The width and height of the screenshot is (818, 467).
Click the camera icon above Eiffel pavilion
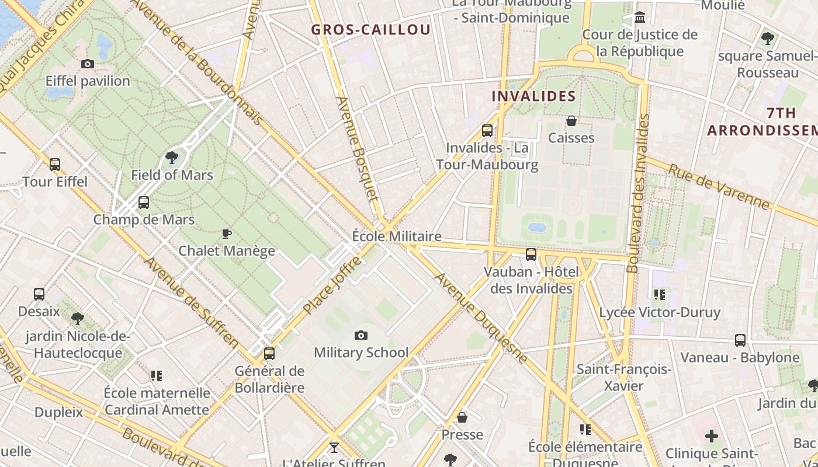click(x=88, y=64)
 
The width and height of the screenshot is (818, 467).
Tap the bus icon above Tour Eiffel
click(x=55, y=165)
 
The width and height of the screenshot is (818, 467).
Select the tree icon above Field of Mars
click(x=172, y=158)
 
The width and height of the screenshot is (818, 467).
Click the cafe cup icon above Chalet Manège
click(x=227, y=234)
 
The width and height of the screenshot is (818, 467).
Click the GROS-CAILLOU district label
click(x=370, y=30)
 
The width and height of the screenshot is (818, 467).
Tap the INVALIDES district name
click(x=533, y=96)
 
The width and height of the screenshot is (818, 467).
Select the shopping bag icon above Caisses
click(x=571, y=121)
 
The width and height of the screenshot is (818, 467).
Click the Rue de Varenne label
click(x=719, y=187)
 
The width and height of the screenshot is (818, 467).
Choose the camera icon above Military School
click(x=361, y=335)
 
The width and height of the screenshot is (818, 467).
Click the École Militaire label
click(x=397, y=236)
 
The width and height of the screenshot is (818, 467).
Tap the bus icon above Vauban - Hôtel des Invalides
click(x=531, y=255)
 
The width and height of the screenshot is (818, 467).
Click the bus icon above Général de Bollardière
click(x=269, y=354)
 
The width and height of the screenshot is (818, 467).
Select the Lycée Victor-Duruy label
click(x=660, y=312)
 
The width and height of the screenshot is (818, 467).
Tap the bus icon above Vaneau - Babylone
click(x=740, y=340)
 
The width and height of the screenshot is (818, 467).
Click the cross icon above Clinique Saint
click(x=711, y=436)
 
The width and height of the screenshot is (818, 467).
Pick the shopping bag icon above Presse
click(x=462, y=417)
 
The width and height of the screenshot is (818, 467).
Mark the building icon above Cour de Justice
click(x=640, y=18)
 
